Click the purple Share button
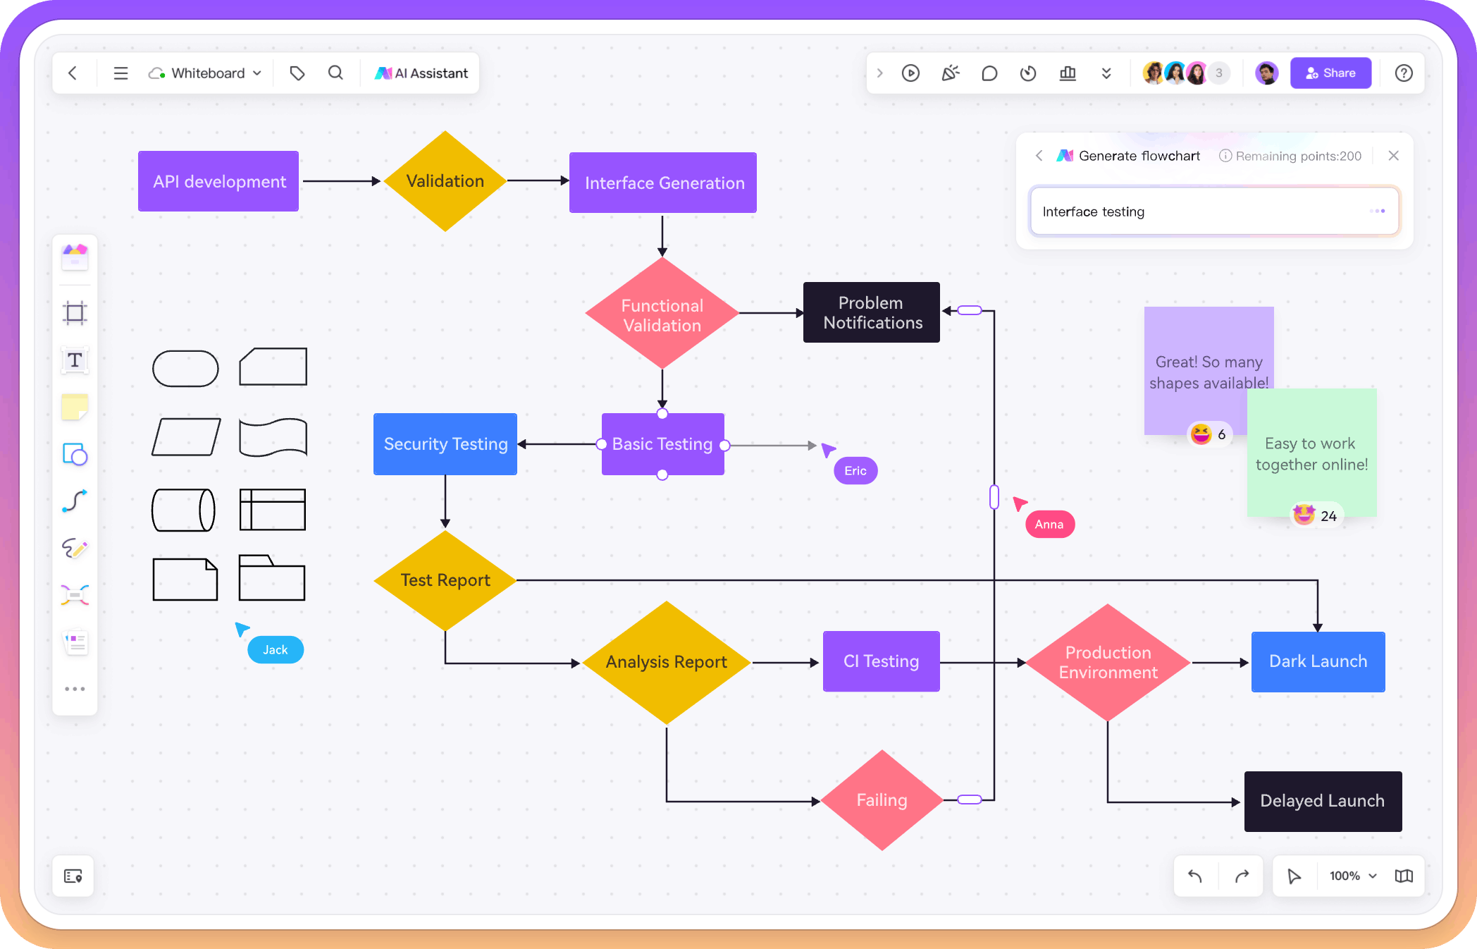(x=1330, y=73)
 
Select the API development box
(x=218, y=181)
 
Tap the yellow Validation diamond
(x=445, y=181)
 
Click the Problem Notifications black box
(x=872, y=312)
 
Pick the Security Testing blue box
(x=445, y=444)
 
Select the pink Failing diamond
(x=881, y=800)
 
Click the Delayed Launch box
(x=1322, y=801)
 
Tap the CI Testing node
(x=881, y=661)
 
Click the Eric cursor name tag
(x=855, y=471)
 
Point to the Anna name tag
(x=1049, y=525)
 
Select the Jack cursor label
(x=275, y=650)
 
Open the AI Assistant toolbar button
(x=421, y=73)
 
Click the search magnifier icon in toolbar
(x=335, y=73)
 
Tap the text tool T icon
(x=75, y=360)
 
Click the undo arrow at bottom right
(x=1195, y=876)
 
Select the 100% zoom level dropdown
(x=1352, y=876)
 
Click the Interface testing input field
(x=1198, y=212)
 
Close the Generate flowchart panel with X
(x=1393, y=156)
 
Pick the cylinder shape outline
(x=183, y=510)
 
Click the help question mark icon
(x=1403, y=73)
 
